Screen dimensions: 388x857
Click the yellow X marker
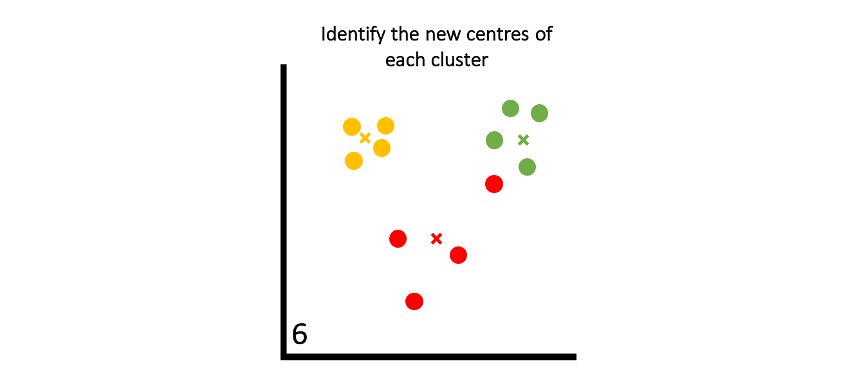[x=365, y=138]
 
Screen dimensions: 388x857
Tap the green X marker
[x=523, y=140]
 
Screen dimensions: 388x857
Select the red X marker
[x=436, y=239]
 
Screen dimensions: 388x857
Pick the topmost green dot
[x=510, y=108]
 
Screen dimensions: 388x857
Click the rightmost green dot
[x=539, y=113]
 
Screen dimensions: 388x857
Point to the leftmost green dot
[x=494, y=140]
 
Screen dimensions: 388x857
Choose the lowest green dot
[x=527, y=167]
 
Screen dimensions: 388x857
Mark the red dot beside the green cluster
[x=494, y=184]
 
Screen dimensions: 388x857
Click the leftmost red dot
[x=398, y=239]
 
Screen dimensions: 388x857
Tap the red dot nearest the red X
[x=458, y=255]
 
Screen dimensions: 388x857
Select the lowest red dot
[x=414, y=301]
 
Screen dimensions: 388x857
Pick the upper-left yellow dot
[x=352, y=127]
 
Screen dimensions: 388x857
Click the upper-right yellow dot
[x=385, y=126]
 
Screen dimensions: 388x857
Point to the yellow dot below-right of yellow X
[x=382, y=148]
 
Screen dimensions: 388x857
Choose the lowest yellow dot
[x=354, y=161]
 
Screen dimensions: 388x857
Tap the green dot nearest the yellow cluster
[x=494, y=140]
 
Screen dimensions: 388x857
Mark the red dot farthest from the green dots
[x=414, y=301]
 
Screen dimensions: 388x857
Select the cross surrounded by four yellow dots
[x=365, y=138]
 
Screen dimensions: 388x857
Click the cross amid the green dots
[x=523, y=140]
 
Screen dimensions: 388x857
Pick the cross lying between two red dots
[x=436, y=239]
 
